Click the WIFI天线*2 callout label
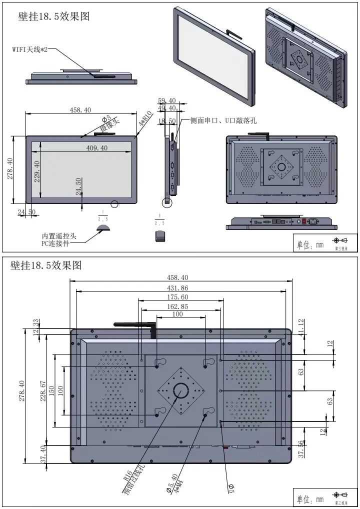(29, 50)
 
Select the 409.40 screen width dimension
(96, 148)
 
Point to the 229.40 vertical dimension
(36, 171)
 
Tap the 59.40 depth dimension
(166, 100)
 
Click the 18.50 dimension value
(166, 121)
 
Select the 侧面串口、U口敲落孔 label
(223, 120)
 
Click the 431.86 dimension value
(177, 288)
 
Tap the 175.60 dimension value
(177, 297)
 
